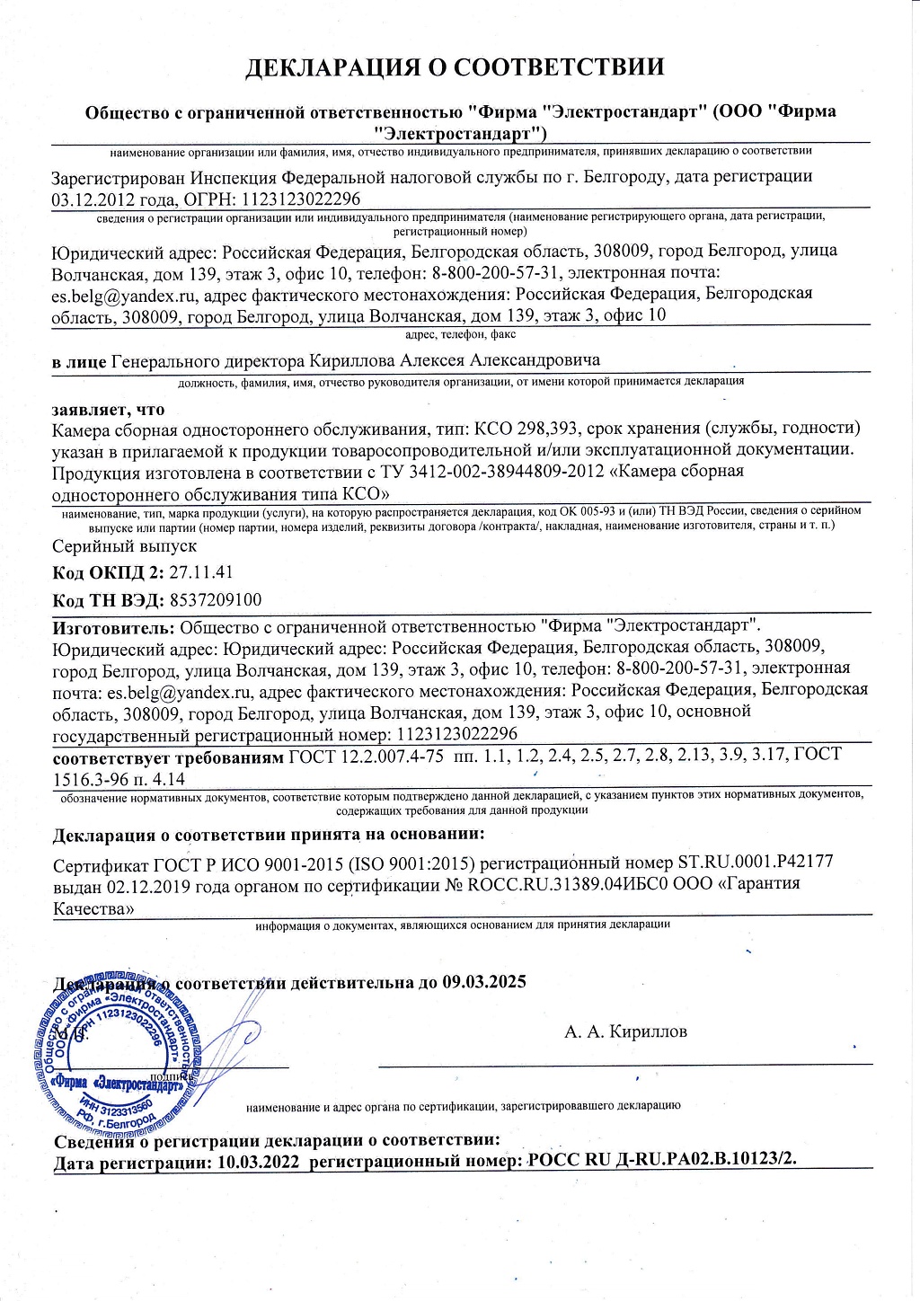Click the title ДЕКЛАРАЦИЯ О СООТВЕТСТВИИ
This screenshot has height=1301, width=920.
pyautogui.click(x=456, y=67)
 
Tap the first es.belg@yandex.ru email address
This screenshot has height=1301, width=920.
pyautogui.click(x=125, y=294)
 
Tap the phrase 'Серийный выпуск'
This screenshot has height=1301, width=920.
pyautogui.click(x=124, y=545)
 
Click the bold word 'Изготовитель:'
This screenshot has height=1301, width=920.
pyautogui.click(x=114, y=625)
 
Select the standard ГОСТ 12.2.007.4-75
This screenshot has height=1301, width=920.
pyautogui.click(x=367, y=756)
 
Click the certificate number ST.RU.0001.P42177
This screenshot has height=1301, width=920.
pyautogui.click(x=755, y=862)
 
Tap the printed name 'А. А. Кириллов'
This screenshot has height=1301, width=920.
pyautogui.click(x=625, y=1031)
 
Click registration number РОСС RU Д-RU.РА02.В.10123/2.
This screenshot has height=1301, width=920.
pyautogui.click(x=662, y=1161)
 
